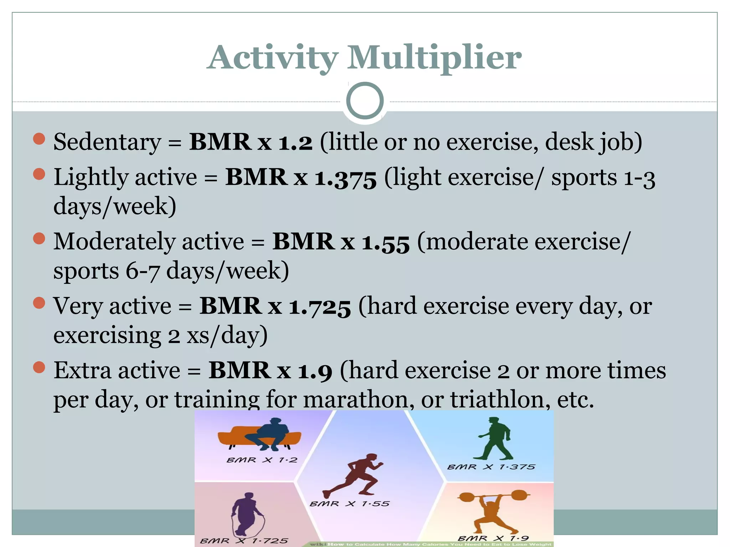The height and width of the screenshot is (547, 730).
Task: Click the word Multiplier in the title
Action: pos(434,58)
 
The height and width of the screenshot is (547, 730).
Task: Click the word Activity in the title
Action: pos(273,58)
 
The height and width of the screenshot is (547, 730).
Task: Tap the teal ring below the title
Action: pos(365,101)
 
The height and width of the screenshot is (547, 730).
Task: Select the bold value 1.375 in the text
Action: pos(345,177)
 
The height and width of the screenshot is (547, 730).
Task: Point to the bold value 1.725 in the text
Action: pos(320,306)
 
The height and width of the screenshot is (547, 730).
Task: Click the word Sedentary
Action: pos(107,142)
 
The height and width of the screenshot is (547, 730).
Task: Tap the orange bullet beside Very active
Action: pos(39,303)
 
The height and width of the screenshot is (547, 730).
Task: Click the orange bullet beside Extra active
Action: pos(39,367)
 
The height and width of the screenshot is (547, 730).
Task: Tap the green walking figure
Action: pos(494,439)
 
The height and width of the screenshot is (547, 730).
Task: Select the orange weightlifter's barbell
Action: pos(494,496)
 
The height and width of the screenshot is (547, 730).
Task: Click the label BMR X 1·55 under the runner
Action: pos(349,504)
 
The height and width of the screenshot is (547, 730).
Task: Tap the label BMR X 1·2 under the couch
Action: pos(262,460)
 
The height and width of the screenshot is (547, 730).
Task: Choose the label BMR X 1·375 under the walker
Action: pos(491,467)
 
